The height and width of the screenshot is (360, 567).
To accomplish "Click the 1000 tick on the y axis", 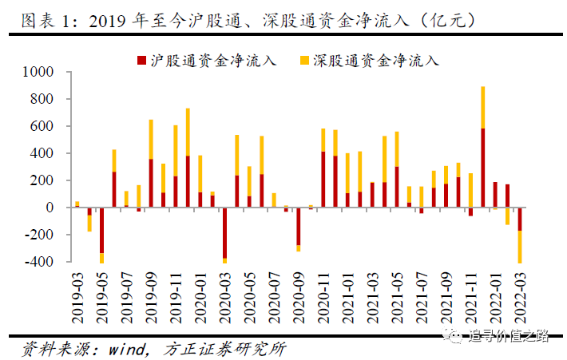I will click(38, 72).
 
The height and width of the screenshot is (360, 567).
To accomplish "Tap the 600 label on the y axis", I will click(41, 126).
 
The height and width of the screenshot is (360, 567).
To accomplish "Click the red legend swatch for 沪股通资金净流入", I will click(142, 60).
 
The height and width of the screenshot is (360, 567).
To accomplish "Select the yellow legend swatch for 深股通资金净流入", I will click(303, 60).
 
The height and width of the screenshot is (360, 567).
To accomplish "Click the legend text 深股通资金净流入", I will click(375, 60).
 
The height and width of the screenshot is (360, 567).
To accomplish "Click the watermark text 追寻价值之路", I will click(509, 335).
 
